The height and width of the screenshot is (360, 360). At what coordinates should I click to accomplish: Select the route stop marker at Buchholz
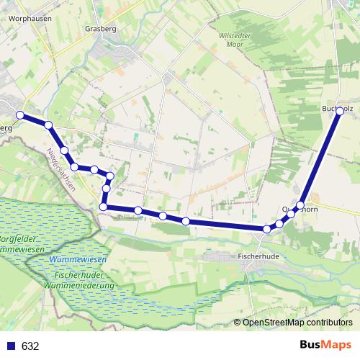pyautogui.click(x=340, y=112)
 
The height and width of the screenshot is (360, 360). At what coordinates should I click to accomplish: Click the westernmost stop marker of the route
pyautogui.click(x=21, y=115)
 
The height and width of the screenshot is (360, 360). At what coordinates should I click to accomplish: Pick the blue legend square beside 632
pyautogui.click(x=11, y=346)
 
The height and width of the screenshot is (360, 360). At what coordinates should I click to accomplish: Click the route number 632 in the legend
pyautogui.click(x=30, y=346)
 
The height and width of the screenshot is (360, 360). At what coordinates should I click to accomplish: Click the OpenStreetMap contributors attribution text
pyautogui.click(x=297, y=322)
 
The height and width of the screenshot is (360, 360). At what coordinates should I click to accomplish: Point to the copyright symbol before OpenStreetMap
pyautogui.click(x=238, y=322)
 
